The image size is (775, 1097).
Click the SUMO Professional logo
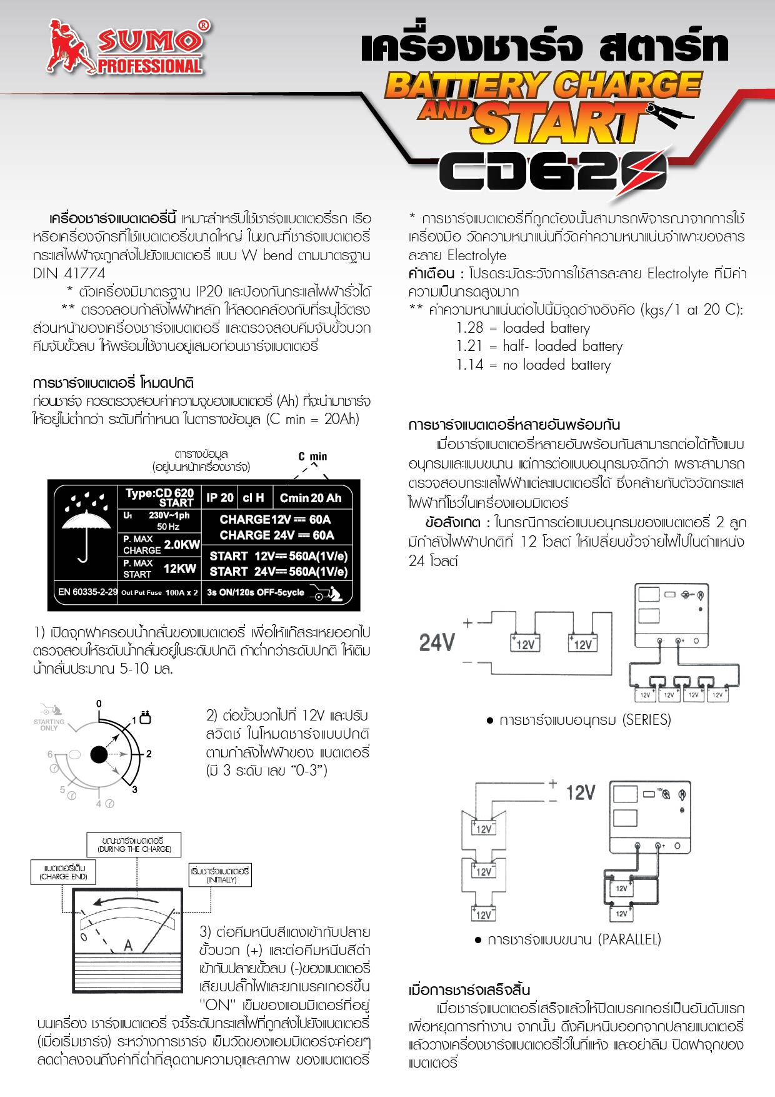pos(128,47)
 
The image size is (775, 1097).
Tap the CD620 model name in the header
pos(553,170)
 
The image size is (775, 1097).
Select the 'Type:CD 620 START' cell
pos(159,497)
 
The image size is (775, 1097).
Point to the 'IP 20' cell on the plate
pos(220,498)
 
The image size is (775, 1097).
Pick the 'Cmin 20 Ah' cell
pos(310,498)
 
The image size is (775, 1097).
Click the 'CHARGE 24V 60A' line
pos(277,535)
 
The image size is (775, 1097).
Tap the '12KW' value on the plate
pos(180,569)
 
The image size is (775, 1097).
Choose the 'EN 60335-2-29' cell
pos(87,592)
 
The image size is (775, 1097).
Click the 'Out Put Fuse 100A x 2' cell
pos(159,592)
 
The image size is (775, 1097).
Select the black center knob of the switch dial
pos(99,755)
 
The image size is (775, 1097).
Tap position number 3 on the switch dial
pos(134,790)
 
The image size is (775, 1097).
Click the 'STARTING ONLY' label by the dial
pos(49,725)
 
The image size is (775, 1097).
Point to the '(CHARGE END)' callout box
pos(63,872)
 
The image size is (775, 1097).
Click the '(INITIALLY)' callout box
pos(221,875)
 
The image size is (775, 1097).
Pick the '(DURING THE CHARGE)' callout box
pos(134,845)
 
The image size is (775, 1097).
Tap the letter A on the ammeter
pos(128,945)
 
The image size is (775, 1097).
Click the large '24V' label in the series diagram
pos(437,642)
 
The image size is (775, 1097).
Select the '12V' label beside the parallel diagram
pos(581,793)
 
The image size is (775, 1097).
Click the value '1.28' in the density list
pos(470,328)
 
